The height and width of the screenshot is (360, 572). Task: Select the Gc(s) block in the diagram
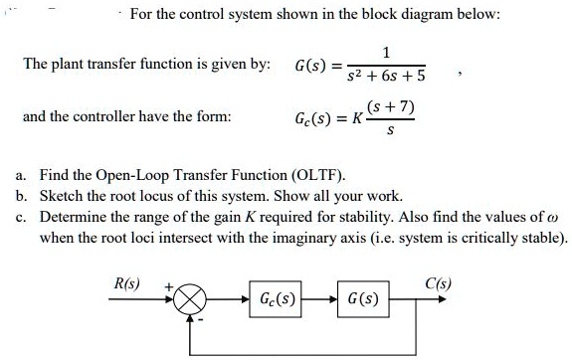[279, 297]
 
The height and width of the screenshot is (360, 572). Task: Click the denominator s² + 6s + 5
[386, 75]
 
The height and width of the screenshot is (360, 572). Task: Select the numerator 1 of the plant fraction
[387, 53]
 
